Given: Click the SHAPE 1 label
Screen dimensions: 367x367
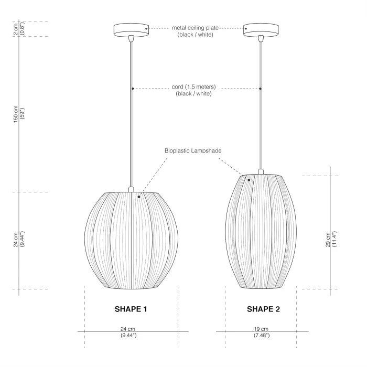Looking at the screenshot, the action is [131, 309].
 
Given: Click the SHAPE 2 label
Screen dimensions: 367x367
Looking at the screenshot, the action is [263, 309].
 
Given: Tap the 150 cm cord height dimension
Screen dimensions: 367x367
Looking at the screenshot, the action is [19, 114].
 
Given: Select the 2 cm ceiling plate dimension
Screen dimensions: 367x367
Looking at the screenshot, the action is [19, 29].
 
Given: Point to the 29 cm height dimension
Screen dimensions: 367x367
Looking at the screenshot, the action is [331, 239].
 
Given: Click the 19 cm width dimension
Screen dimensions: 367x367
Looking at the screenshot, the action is [262, 332].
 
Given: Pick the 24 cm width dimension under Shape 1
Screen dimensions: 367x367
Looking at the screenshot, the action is [128, 332].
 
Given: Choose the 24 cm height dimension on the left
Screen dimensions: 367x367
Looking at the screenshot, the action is [19, 239].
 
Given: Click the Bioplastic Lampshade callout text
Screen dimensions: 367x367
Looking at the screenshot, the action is [193, 150].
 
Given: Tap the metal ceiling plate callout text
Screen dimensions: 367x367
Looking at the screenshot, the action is [195, 31].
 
